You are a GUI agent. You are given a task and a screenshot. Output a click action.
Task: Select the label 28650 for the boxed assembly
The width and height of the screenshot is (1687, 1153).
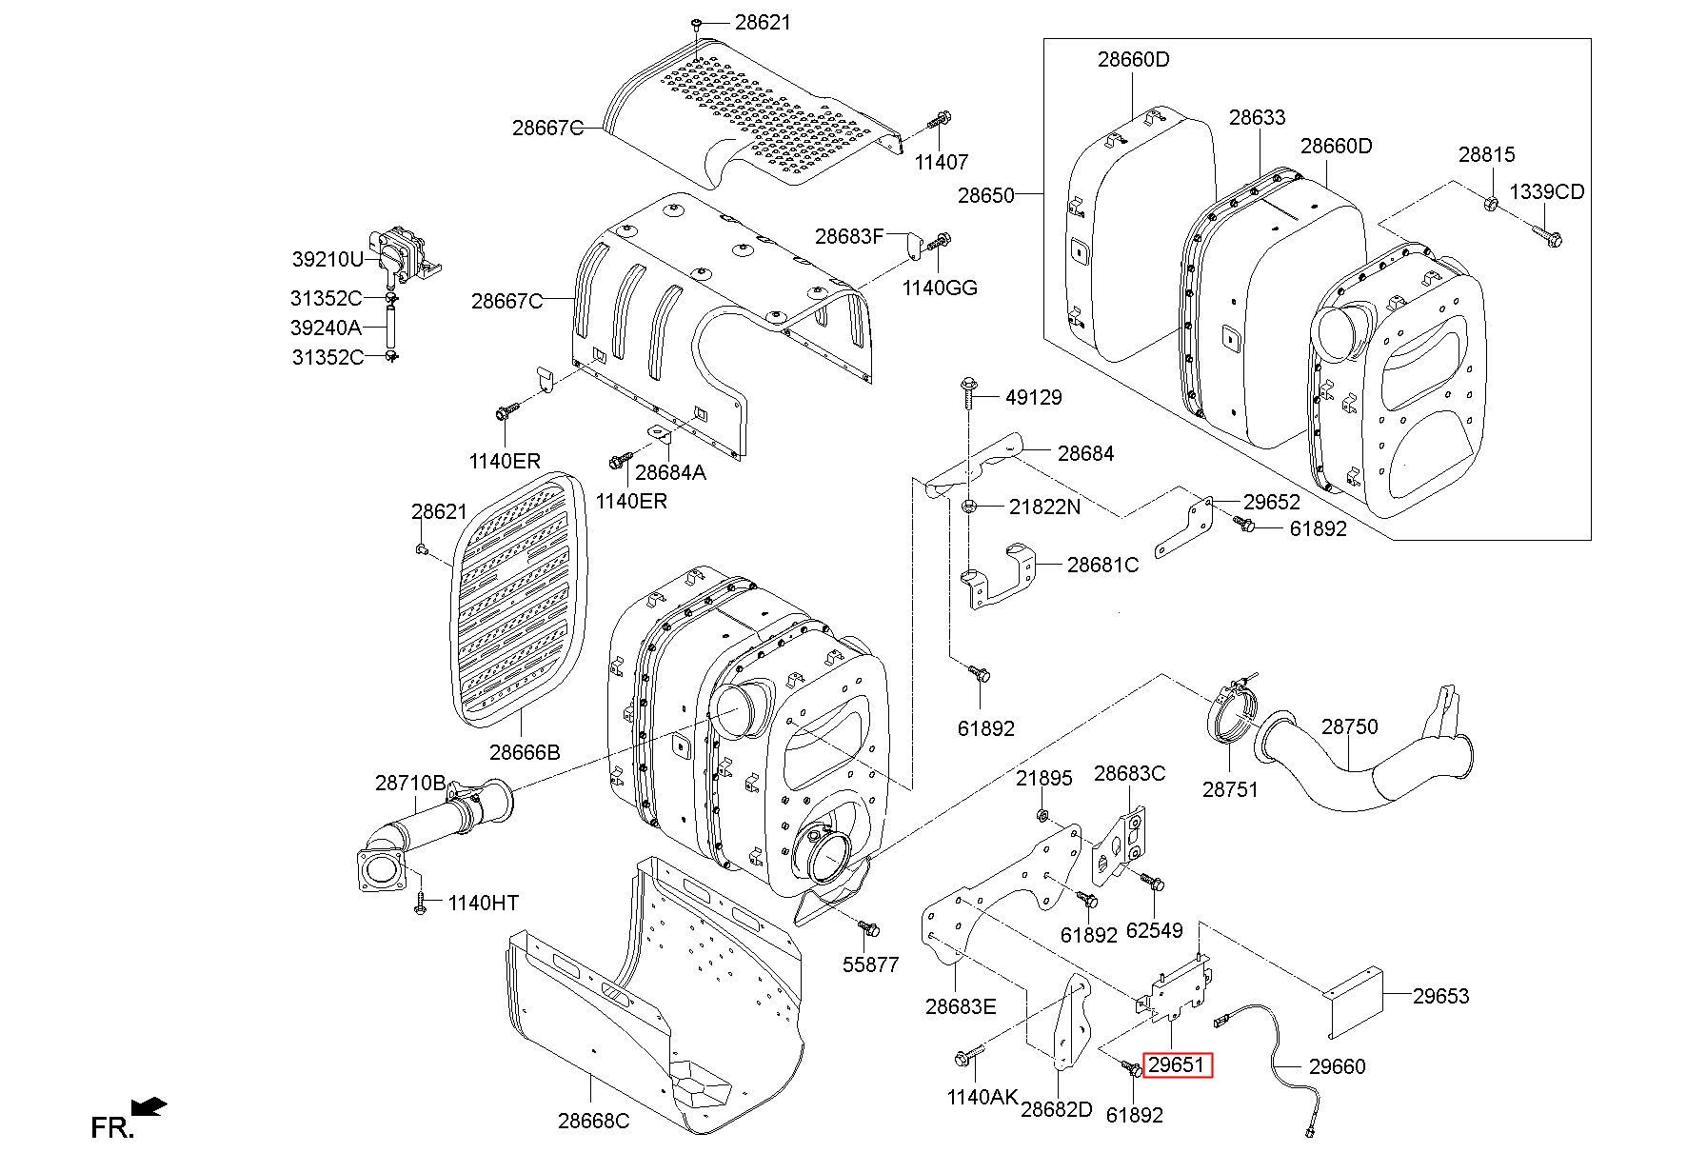click(x=986, y=195)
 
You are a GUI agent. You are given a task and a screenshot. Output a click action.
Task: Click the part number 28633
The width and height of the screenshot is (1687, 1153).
click(x=1257, y=117)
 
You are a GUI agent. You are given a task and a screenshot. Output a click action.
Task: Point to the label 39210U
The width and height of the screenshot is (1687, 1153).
click(x=327, y=259)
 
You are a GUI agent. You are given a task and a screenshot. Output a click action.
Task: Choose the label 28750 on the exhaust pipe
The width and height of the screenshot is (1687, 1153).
click(x=1349, y=726)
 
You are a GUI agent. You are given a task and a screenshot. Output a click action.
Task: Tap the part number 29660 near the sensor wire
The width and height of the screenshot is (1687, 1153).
click(x=1336, y=1066)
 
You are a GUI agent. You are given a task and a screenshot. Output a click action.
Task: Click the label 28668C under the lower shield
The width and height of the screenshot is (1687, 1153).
click(x=593, y=1121)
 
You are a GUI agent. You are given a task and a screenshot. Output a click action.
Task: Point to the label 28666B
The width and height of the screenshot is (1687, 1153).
click(x=525, y=752)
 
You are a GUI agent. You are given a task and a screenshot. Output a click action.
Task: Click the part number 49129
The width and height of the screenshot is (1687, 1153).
click(x=1033, y=397)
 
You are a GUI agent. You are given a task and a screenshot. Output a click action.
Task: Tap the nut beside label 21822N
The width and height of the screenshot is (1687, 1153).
click(x=968, y=506)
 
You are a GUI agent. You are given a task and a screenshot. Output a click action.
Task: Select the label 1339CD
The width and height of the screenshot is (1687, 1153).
click(x=1547, y=191)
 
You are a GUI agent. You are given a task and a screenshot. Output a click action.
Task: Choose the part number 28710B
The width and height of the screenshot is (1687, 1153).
click(x=409, y=783)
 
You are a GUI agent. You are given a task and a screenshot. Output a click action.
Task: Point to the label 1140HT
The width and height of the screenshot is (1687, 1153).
click(x=484, y=902)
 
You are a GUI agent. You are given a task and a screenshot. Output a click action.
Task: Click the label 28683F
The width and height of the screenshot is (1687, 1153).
click(x=849, y=236)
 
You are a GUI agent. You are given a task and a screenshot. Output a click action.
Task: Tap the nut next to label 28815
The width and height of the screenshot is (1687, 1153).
click(x=1492, y=203)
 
